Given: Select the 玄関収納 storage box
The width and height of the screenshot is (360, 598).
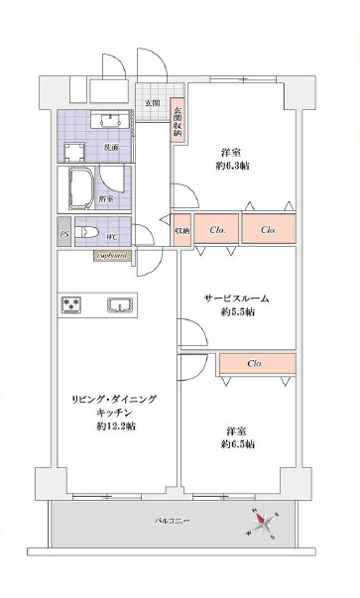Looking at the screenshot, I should tap(178, 122).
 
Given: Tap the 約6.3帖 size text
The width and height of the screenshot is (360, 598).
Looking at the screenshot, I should tap(234, 166).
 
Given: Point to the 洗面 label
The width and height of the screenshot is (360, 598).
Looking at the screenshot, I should tap(112, 147).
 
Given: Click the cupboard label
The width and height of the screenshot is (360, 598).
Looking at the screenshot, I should tap(111, 256).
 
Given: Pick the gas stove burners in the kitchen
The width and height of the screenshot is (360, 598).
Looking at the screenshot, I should tap(72, 304).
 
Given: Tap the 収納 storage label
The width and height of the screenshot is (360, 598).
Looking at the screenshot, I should tap(182, 230).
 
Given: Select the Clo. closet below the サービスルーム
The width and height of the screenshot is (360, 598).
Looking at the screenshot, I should tap(255, 363).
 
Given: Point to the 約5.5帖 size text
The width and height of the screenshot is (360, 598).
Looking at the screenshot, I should tap(237, 312).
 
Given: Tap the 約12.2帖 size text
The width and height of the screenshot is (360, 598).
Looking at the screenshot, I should tap(116, 425).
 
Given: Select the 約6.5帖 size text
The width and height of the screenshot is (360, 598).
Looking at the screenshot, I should tap(237, 444).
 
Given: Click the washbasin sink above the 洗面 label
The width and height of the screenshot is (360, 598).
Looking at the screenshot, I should tap(107, 122).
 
